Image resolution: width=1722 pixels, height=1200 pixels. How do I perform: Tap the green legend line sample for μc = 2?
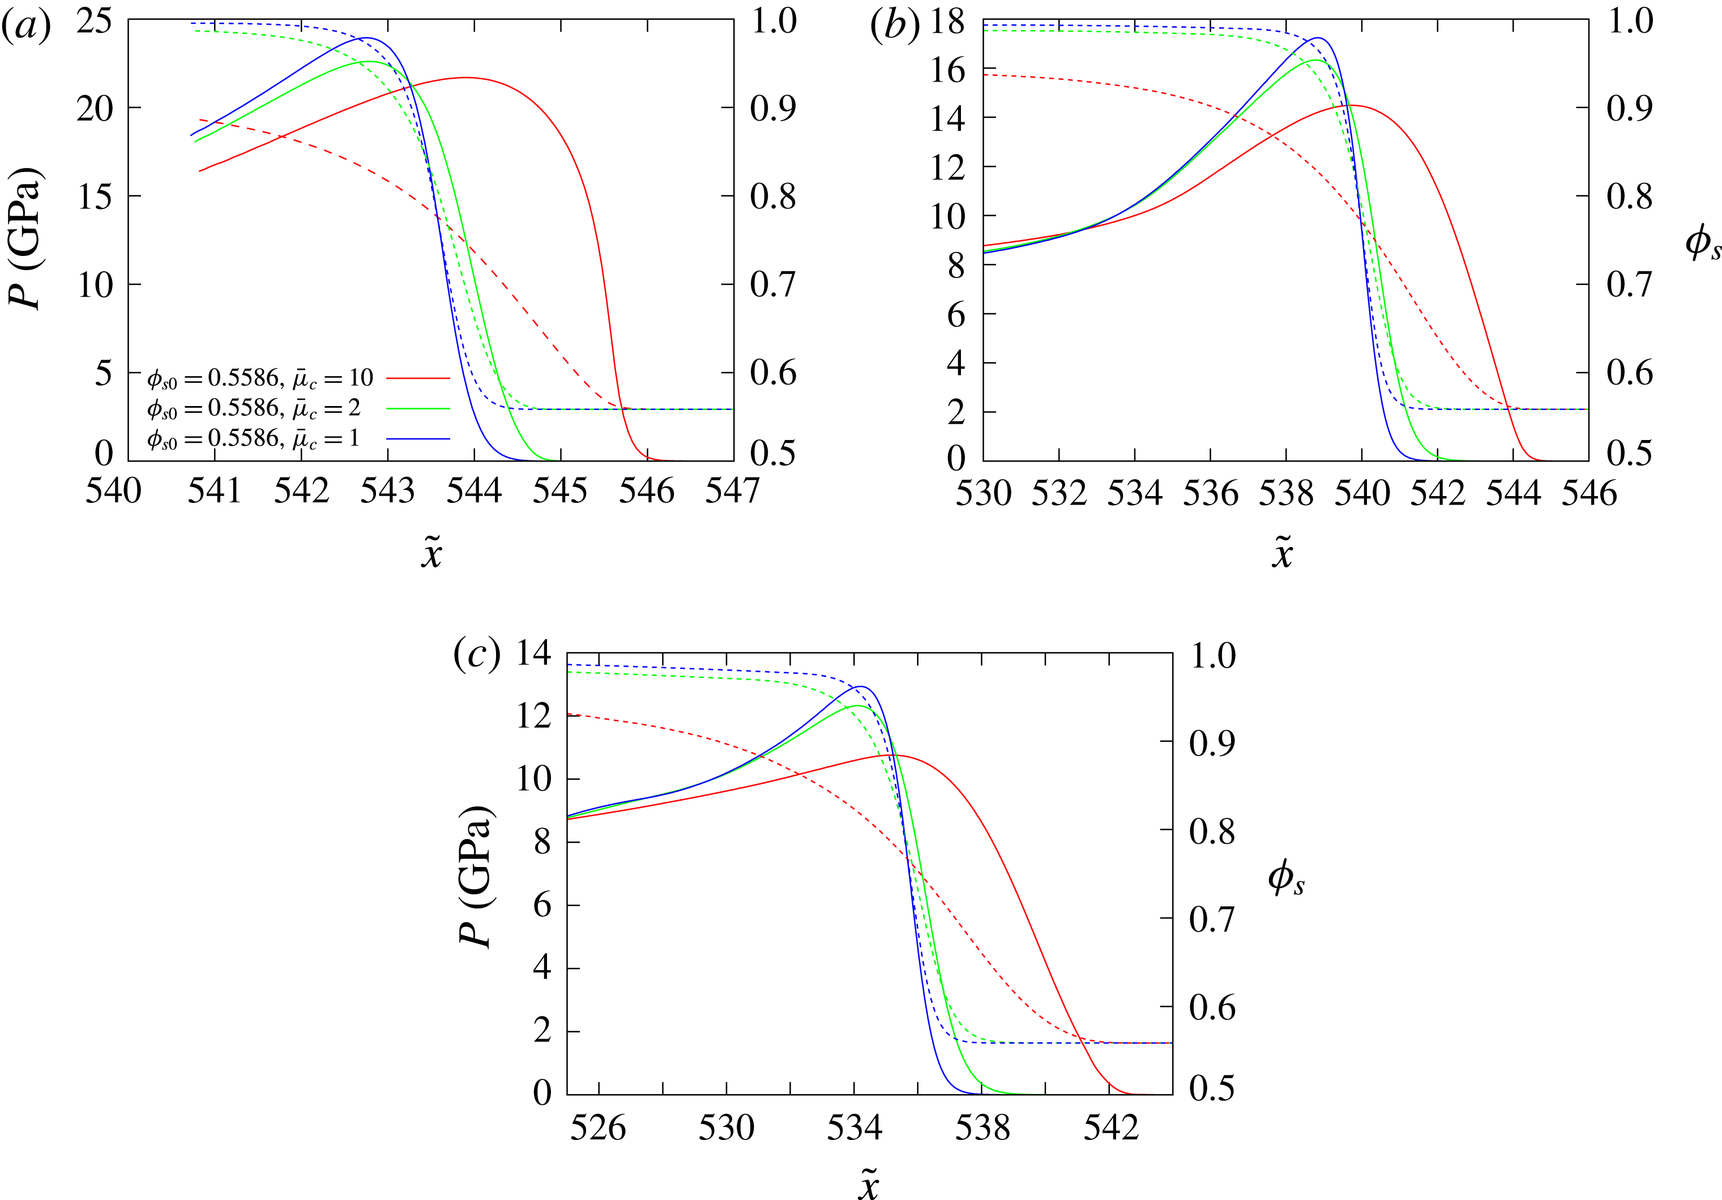pos(418,409)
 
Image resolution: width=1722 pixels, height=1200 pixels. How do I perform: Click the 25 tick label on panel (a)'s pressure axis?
pos(95,21)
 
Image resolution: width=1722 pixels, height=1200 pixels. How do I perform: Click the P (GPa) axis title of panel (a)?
pos(25,238)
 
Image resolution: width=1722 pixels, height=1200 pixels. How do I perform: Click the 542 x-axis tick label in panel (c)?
pos(1111,1128)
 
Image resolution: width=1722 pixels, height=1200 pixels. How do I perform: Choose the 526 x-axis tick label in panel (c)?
pos(599,1128)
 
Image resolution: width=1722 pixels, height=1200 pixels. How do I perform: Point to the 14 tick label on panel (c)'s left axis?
pos(534,654)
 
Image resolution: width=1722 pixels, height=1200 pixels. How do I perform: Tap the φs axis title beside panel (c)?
pos(1286,878)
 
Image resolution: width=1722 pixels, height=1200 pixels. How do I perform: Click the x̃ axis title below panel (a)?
pos(431,553)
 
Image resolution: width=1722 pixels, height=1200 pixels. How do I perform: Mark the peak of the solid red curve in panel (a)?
pos(466,77)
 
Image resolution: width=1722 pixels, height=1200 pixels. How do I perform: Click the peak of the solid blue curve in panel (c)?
pos(860,686)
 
